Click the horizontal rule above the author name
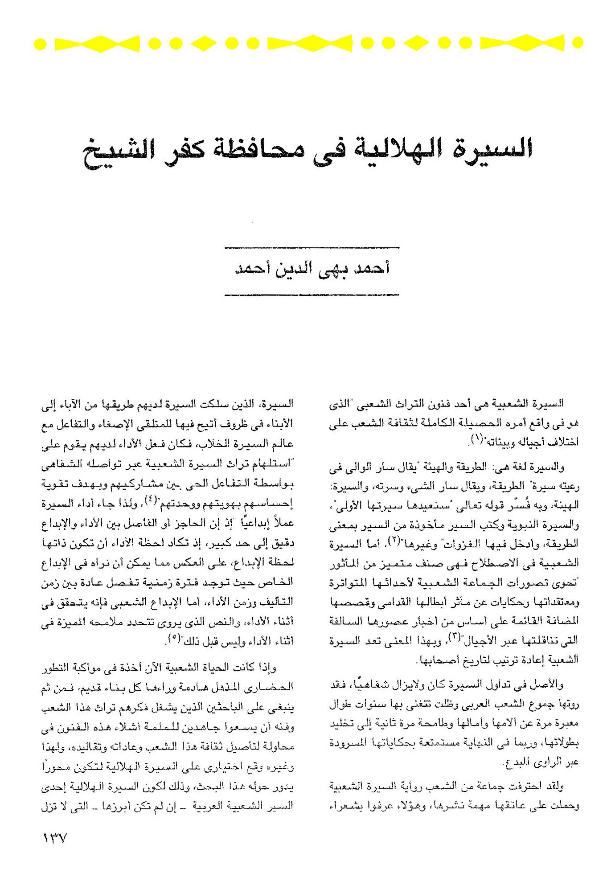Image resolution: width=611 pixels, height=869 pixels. [312, 247]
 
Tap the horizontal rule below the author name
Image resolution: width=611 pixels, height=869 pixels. [312, 295]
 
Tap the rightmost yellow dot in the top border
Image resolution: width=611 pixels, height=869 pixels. [578, 44]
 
